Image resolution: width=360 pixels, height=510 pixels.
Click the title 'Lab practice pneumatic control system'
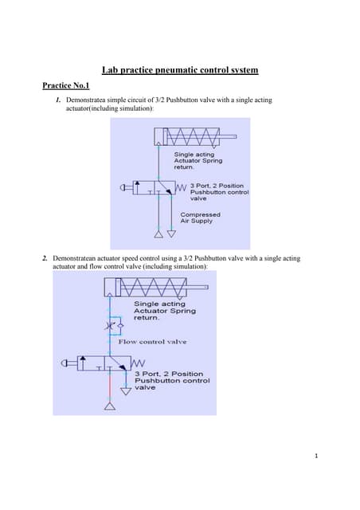coord(179,71)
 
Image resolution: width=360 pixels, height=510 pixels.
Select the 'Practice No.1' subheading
coord(67,84)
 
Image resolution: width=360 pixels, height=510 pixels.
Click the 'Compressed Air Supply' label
coord(200,218)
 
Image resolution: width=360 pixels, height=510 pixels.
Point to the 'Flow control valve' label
coord(152,342)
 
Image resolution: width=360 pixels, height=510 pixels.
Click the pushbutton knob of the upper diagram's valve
coord(123,188)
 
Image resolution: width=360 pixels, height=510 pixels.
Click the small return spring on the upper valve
coord(181,188)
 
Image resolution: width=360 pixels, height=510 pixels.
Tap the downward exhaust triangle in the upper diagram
coord(159,233)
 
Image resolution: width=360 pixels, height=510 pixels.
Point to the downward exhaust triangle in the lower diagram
coord(124,391)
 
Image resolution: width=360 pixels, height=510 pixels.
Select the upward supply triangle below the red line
coord(110,407)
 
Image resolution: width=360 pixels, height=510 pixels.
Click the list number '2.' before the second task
coord(45,259)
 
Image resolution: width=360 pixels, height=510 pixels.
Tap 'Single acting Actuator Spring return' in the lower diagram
coord(163,310)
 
